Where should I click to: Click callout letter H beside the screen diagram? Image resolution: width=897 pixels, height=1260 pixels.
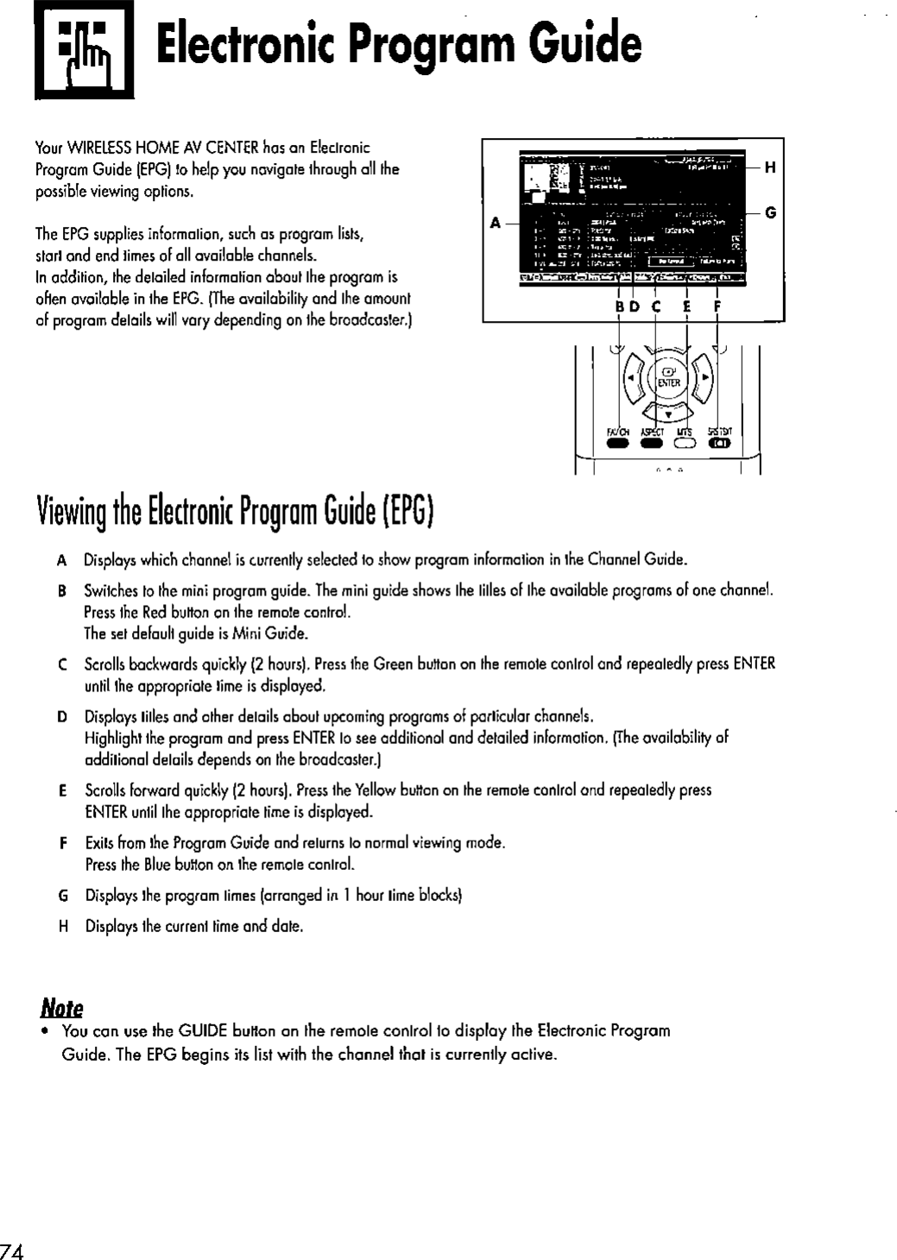coord(770,169)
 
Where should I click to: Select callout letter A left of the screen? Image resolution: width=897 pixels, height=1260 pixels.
coord(496,222)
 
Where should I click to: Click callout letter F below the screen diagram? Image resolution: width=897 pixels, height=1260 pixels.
coord(717,306)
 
